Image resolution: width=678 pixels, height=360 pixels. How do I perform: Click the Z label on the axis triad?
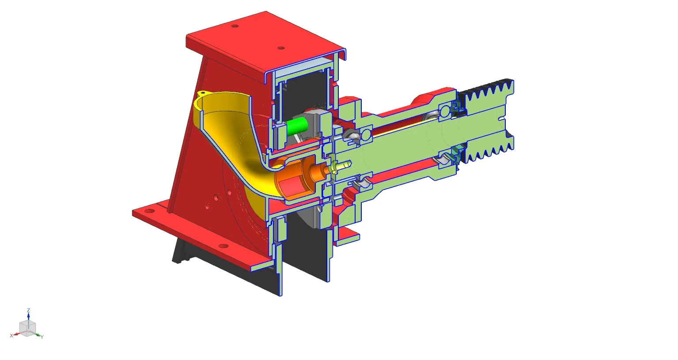tap(28, 310)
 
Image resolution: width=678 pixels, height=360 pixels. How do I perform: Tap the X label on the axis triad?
tap(11, 336)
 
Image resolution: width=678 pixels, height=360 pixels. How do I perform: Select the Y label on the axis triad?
tap(42, 337)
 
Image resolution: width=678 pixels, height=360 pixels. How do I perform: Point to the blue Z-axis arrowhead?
tap(28, 315)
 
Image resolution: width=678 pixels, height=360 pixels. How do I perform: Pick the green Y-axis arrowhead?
tap(38, 334)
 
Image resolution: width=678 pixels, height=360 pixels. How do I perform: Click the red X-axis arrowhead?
tap(16, 334)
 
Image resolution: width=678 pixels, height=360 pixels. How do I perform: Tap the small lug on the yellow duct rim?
tap(202, 93)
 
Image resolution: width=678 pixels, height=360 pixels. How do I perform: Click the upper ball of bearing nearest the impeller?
tap(366, 134)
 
